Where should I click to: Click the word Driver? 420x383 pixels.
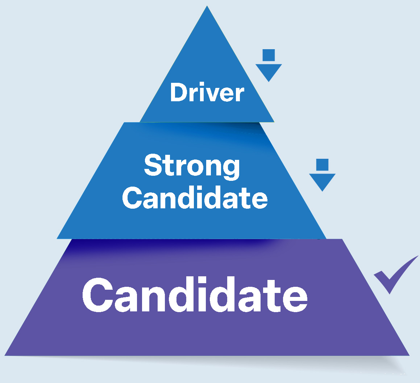tap(207, 93)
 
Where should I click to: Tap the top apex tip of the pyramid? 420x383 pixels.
tap(207, 7)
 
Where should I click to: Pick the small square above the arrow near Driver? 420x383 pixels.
tap(269, 55)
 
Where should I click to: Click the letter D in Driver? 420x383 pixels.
tap(178, 93)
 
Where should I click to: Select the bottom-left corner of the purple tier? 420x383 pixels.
tap(5, 355)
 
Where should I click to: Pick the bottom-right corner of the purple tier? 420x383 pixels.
tap(409, 355)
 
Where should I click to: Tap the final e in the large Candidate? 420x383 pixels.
tap(294, 298)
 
